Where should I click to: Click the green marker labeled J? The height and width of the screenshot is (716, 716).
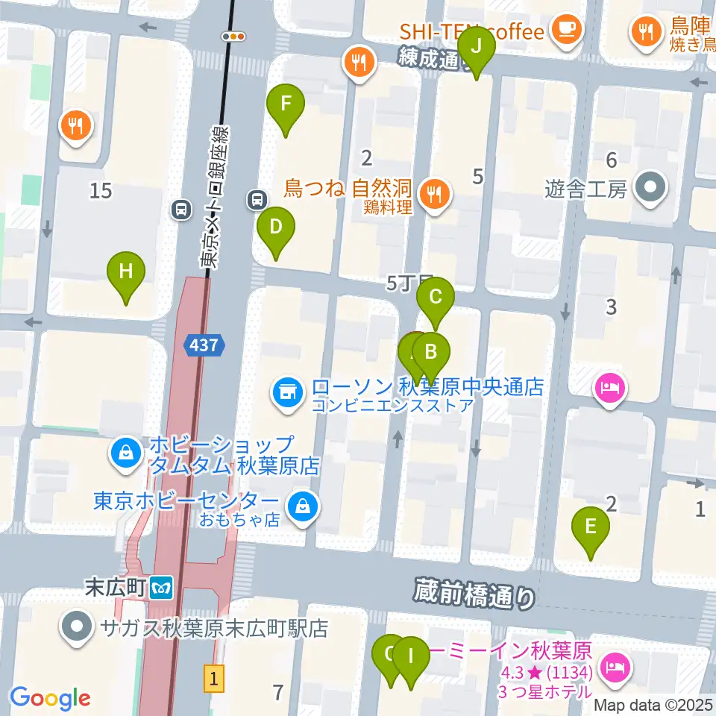(x=477, y=48)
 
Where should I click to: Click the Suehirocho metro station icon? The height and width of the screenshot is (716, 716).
(x=161, y=588)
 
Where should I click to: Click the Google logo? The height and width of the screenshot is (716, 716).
(x=50, y=699)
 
